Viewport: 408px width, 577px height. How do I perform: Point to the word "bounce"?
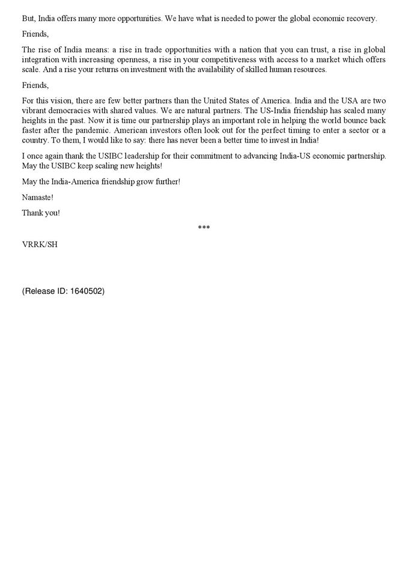[x=354, y=121]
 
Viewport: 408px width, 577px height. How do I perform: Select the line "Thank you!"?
[x=41, y=213]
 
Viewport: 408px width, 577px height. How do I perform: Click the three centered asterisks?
[x=204, y=228]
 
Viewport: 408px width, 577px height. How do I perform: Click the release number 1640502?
[x=87, y=292]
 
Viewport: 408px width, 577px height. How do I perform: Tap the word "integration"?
[x=42, y=60]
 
